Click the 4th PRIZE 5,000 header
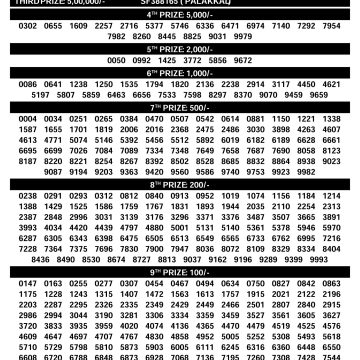[x=180, y=14]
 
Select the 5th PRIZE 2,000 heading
[x=180, y=46]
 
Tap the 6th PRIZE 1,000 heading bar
[x=180, y=73]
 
